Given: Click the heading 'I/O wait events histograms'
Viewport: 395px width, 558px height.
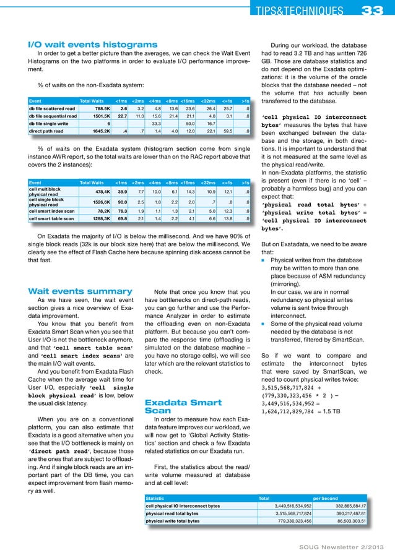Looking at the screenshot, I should (x=93, y=45).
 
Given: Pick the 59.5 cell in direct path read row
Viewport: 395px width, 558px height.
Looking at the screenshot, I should (x=228, y=131).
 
